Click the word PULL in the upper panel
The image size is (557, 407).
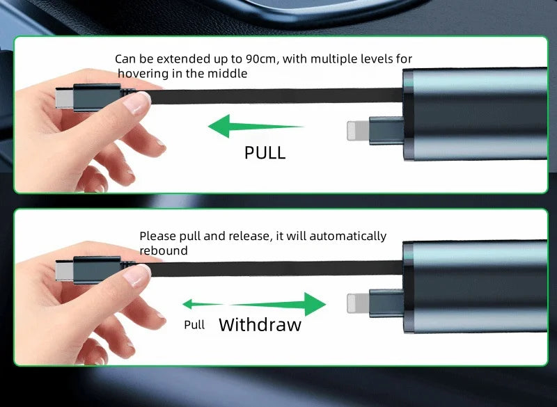coord(265,153)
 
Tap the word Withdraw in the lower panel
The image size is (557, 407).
coord(260,324)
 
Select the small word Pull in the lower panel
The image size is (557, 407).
coord(194,325)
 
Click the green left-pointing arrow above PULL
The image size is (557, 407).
coord(256,126)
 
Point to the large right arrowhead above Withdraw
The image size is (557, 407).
coord(315,304)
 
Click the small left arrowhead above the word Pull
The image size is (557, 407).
coord(187,304)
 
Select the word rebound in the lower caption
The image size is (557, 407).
coord(164,250)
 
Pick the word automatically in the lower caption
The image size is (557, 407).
coord(347,237)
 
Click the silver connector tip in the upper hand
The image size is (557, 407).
coord(64,97)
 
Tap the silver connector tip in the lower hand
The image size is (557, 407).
coord(64,270)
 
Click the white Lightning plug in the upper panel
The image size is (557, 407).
coord(358,130)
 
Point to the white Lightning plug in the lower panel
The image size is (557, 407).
coord(358,303)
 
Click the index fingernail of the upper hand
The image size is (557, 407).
coord(136,102)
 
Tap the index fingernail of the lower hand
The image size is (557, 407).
coord(136,276)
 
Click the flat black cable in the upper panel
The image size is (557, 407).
coord(274,96)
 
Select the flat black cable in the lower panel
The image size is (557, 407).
coord(274,269)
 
